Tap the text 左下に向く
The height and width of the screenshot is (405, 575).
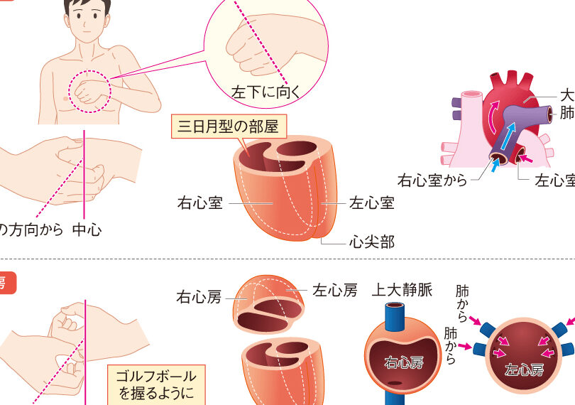coord(266,90)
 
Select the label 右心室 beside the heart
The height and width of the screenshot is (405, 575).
coord(199,203)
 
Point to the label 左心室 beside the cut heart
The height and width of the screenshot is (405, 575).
coord(371,203)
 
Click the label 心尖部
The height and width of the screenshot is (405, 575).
coord(371,242)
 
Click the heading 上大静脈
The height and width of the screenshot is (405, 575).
coord(402,290)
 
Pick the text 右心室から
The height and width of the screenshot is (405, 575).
coord(432,180)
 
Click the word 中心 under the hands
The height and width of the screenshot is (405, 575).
coord(87,229)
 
